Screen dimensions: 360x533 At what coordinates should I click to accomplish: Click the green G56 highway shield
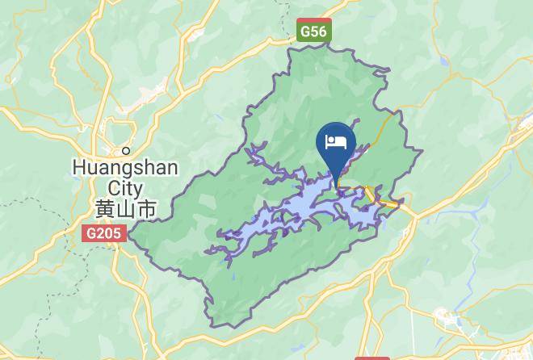pyautogui.click(x=313, y=31)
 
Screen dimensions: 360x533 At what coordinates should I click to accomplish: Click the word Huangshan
pyautogui.click(x=125, y=168)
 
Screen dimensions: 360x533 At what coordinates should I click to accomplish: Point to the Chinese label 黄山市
pyautogui.click(x=125, y=209)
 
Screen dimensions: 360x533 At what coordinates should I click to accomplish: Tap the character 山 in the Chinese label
pyautogui.click(x=125, y=209)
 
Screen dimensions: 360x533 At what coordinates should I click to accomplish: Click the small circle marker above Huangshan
pyautogui.click(x=126, y=150)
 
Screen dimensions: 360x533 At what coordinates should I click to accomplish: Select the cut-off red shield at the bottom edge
pyautogui.click(x=371, y=357)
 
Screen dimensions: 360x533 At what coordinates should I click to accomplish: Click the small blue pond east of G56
pyautogui.click(x=443, y=61)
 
